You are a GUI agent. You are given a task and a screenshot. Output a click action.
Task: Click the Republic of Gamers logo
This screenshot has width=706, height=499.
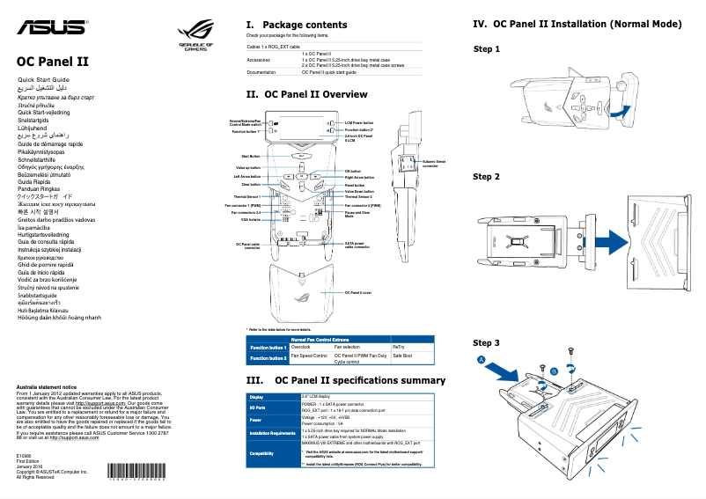coord(195,38)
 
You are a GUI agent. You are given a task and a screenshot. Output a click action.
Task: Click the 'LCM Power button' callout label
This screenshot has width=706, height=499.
coord(359,123)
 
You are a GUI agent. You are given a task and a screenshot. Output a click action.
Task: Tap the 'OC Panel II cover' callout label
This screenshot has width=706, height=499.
coord(358,292)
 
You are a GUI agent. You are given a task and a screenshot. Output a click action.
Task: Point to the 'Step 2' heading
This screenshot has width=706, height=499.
coord(486,177)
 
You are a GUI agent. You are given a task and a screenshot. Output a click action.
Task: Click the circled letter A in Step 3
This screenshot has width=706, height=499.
coord(482,360)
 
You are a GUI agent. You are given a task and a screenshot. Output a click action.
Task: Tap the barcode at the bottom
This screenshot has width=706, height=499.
coord(133,481)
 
